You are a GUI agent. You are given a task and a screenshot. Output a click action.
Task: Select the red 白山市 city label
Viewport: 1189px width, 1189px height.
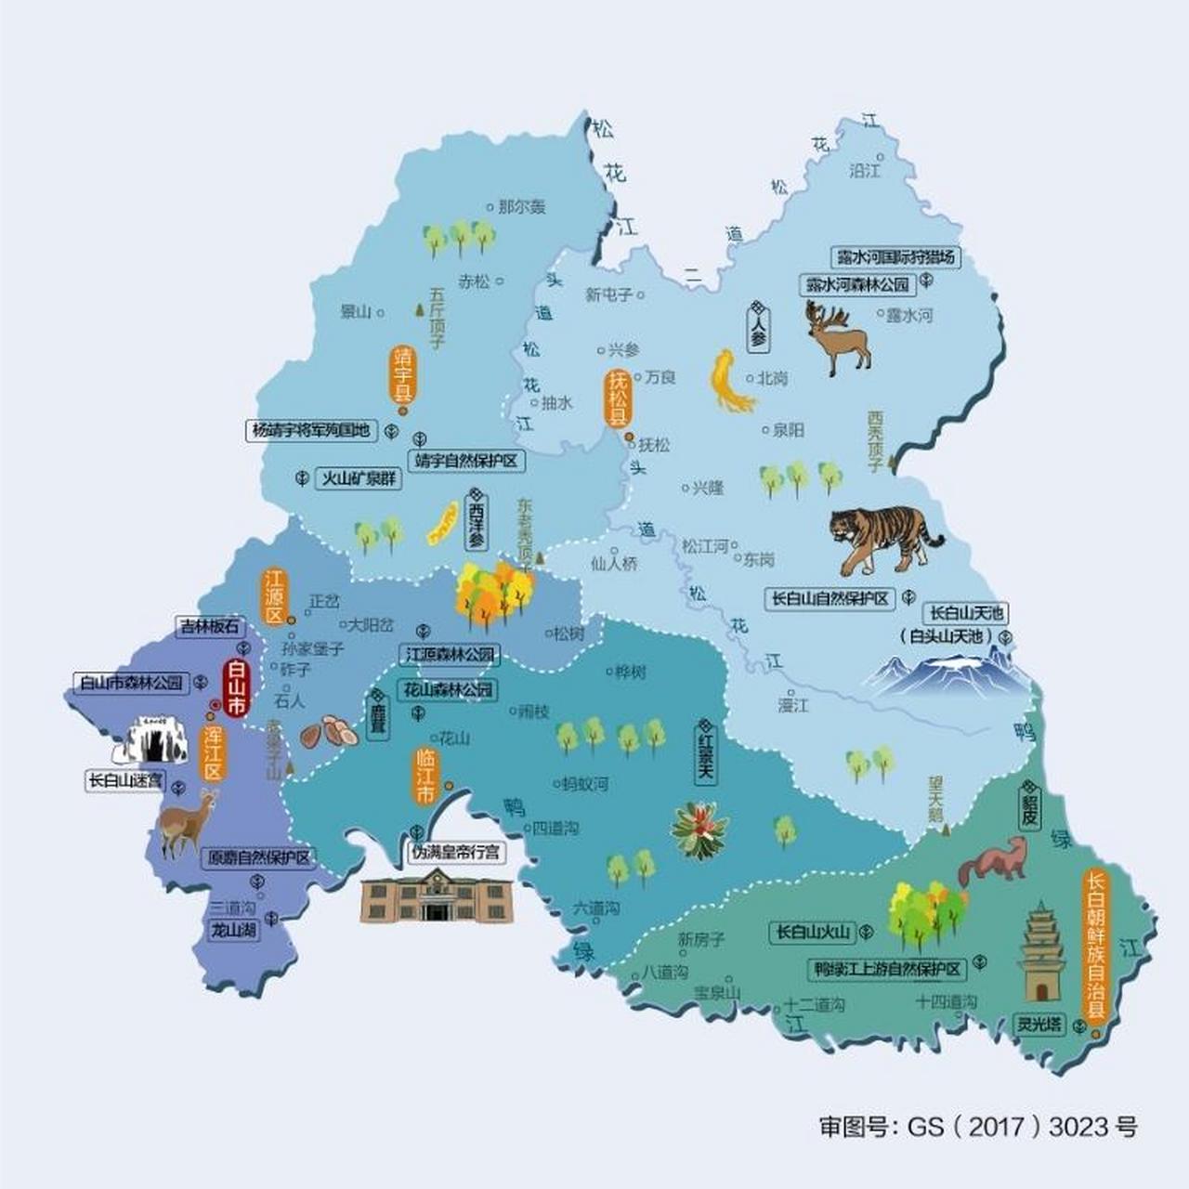coord(236,688)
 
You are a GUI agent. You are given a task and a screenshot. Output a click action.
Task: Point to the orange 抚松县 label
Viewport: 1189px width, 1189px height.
coord(618,398)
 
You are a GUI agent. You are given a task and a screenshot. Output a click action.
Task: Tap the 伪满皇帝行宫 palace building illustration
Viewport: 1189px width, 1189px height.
coord(436,896)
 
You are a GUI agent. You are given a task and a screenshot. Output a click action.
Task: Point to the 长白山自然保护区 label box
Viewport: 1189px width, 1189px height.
coord(830,599)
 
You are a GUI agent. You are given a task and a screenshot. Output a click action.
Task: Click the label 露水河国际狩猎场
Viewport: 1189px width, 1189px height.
coord(895,257)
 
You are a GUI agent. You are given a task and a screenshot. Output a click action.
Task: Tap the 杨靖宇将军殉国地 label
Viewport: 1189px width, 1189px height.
coord(312,430)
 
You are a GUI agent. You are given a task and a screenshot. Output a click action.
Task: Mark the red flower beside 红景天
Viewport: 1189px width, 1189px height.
coord(699,829)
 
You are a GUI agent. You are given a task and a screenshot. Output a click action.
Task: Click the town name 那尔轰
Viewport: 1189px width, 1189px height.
coord(521,207)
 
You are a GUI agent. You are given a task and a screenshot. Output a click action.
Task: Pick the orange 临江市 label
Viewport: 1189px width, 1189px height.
coord(425,775)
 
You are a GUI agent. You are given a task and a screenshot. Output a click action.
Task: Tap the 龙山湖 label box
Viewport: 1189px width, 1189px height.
coord(233,930)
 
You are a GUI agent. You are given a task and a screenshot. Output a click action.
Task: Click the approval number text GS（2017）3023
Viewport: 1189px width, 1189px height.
coord(977,1127)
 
